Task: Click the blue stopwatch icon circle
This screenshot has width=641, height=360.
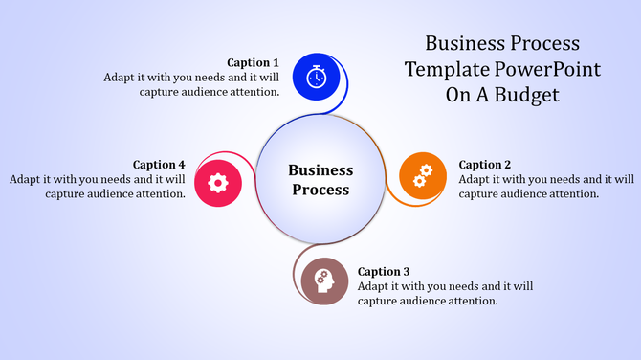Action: click(x=317, y=76)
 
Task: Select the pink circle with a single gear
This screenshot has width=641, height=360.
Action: click(x=218, y=182)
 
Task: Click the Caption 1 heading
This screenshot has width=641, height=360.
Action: click(x=254, y=62)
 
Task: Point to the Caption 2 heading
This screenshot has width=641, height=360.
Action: click(x=485, y=165)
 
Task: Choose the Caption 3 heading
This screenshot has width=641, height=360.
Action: click(x=384, y=271)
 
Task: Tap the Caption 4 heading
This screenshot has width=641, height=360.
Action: click(x=159, y=165)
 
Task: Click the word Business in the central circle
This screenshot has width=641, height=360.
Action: click(x=320, y=170)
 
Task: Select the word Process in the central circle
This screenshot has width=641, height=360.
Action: click(x=320, y=190)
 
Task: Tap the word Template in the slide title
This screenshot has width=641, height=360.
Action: click(x=446, y=69)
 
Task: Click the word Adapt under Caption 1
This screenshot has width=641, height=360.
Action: click(x=121, y=78)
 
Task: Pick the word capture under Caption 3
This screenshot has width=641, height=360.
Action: click(x=380, y=301)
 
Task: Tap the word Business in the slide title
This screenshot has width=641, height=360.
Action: click(x=460, y=44)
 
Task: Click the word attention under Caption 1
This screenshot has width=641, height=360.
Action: click(x=252, y=92)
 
